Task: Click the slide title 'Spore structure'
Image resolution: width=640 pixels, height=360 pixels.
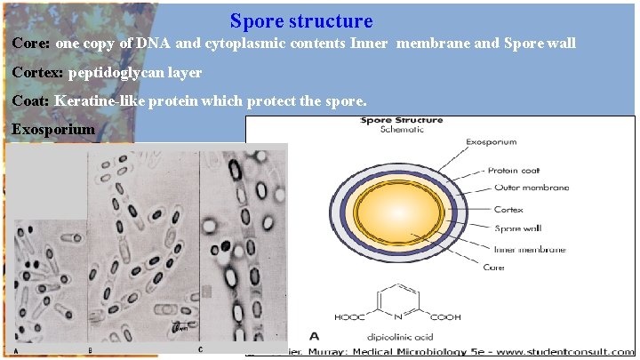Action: pos(301,20)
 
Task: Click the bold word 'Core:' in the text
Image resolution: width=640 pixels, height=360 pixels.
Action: pos(32,43)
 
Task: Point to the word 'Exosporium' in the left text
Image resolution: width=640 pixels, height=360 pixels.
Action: pos(52,130)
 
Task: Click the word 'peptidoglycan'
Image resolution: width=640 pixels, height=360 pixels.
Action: pos(112,72)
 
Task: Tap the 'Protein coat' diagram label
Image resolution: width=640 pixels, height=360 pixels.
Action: pos(516,170)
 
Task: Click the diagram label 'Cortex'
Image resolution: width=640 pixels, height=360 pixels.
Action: pos(508,210)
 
